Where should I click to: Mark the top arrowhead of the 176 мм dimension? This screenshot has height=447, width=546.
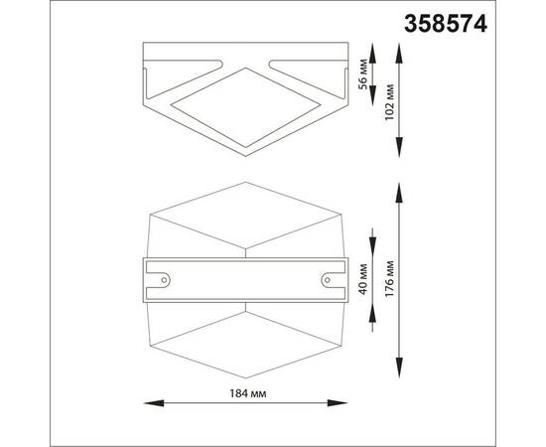coord(402,188)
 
